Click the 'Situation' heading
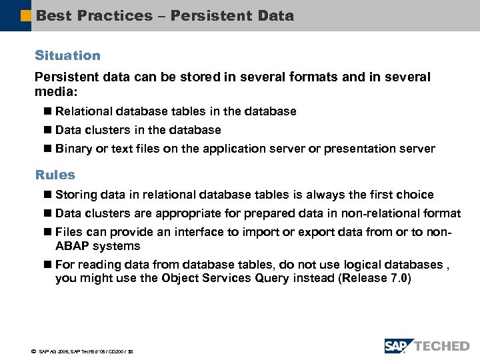[67, 55]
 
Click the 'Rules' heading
[55, 175]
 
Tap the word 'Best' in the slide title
[54, 15]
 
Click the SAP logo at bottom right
[399, 345]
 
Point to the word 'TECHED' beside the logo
[442, 346]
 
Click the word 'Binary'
[73, 149]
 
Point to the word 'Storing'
[76, 195]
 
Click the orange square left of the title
[25, 15]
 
